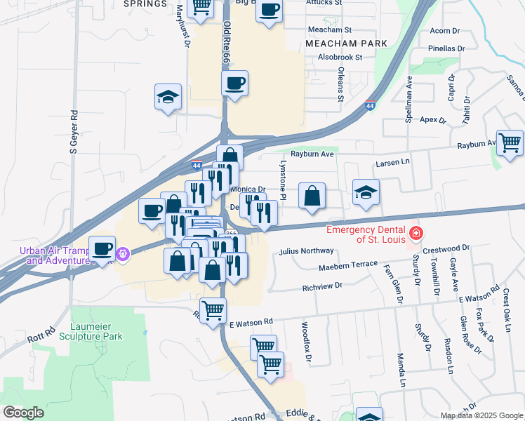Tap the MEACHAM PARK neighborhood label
346,44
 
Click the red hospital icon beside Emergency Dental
416,232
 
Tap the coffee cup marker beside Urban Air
102,248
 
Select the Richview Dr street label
321,286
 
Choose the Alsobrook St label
340,57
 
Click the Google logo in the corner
23,412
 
